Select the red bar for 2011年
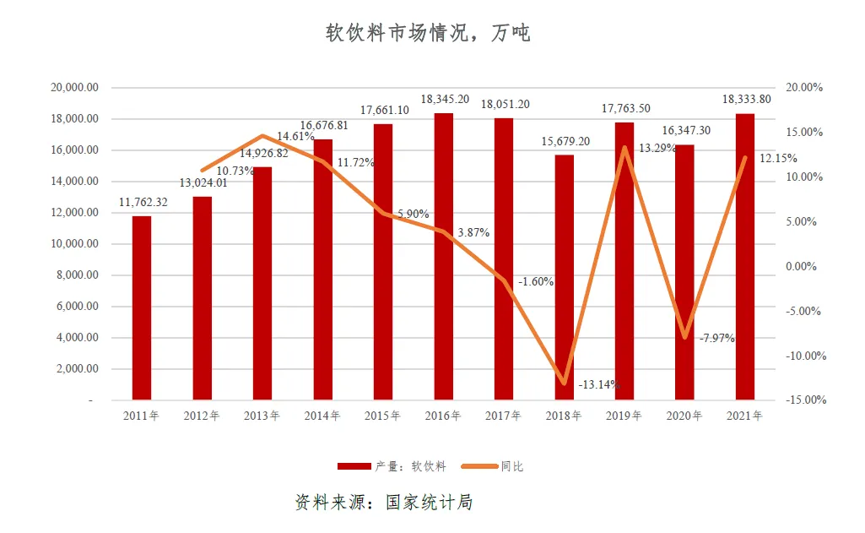coord(142,307)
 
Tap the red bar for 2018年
coord(565,277)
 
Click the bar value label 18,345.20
coord(445,100)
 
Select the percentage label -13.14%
coord(599,385)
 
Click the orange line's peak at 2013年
coord(262,136)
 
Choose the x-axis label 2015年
coord(383,416)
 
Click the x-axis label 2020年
coord(684,416)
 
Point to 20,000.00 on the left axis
coord(76,88)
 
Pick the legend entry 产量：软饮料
coord(392,466)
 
